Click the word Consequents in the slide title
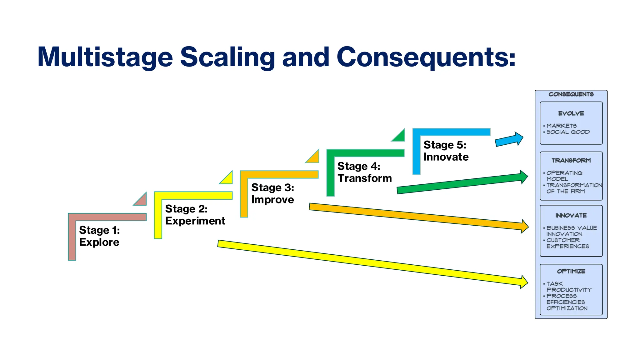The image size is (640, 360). tap(426, 57)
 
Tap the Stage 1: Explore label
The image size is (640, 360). tap(99, 236)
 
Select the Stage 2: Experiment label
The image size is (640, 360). tap(195, 215)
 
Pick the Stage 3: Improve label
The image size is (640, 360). tap(272, 193)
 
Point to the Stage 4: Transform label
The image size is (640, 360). tap(364, 172)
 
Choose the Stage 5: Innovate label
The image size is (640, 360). tap(446, 151)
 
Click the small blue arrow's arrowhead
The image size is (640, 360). tap(519, 138)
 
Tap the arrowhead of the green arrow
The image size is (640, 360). tap(524, 177)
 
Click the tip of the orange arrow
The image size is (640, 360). tap(529, 227)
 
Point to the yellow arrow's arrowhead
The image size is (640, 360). tap(524, 282)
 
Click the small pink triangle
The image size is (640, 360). tap(142, 200)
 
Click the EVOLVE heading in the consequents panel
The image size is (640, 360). tap(571, 113)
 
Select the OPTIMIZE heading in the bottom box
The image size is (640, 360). tap(571, 271)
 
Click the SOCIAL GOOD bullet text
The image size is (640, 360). tap(568, 132)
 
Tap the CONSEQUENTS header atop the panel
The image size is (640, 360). tap(571, 94)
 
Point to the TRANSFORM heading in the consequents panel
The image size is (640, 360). tap(571, 161)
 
